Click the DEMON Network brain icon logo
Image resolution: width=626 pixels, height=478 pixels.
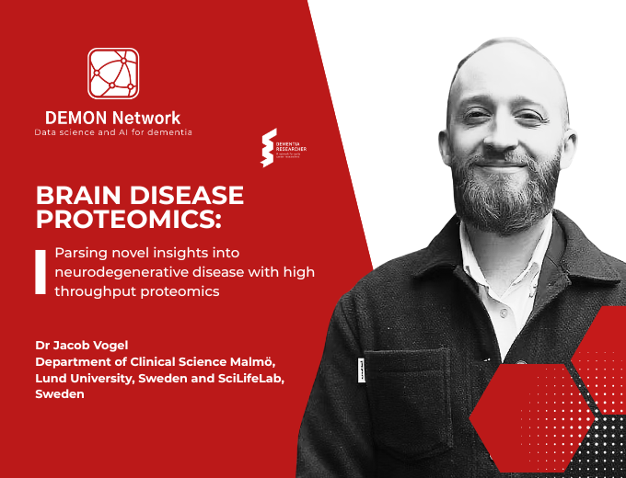[x=113, y=74]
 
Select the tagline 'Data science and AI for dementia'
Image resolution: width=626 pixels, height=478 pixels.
[x=113, y=133]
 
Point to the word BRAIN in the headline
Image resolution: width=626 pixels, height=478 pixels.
[x=80, y=196]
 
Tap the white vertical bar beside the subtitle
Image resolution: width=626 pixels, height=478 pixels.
[x=41, y=272]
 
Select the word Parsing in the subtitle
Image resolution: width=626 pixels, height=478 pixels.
[x=80, y=253]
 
